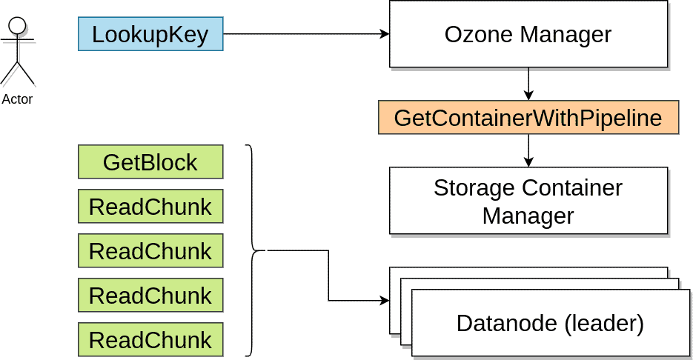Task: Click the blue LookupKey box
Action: [150, 34]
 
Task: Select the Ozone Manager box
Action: [528, 34]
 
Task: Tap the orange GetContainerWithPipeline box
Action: [528, 117]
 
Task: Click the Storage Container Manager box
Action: [528, 201]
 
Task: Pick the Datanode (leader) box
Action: [550, 323]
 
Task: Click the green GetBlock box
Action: [150, 162]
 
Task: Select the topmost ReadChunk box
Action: [150, 207]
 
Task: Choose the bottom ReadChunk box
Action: [150, 339]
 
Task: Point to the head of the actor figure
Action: [17, 25]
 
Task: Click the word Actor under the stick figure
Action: [17, 99]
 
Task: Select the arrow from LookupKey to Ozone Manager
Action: [304, 34]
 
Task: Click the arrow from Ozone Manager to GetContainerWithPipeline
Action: [528, 83]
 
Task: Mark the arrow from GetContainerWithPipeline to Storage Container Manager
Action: [528, 150]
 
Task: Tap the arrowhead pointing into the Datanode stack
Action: [384, 301]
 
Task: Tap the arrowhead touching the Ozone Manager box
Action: [384, 34]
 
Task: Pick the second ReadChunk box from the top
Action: [150, 251]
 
